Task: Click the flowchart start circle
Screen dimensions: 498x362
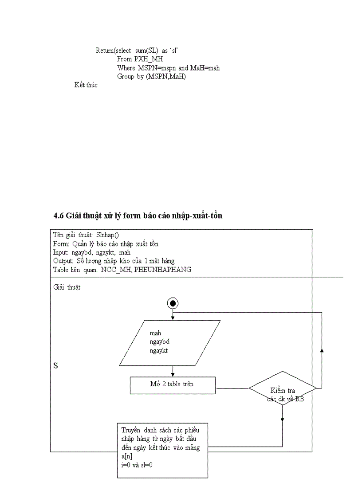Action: click(173, 303)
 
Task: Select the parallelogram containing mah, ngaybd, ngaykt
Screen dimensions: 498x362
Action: click(170, 343)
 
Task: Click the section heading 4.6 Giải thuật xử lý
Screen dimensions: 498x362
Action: click(138, 216)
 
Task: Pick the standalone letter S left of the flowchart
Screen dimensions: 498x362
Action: click(55, 366)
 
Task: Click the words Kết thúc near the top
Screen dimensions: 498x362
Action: click(86, 85)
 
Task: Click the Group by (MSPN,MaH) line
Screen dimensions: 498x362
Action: click(151, 76)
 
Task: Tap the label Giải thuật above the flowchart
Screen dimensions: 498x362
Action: click(67, 287)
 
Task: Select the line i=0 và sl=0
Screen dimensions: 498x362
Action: click(137, 465)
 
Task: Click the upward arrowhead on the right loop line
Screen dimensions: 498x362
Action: click(322, 350)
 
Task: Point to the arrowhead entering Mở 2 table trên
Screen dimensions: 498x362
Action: click(173, 375)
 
